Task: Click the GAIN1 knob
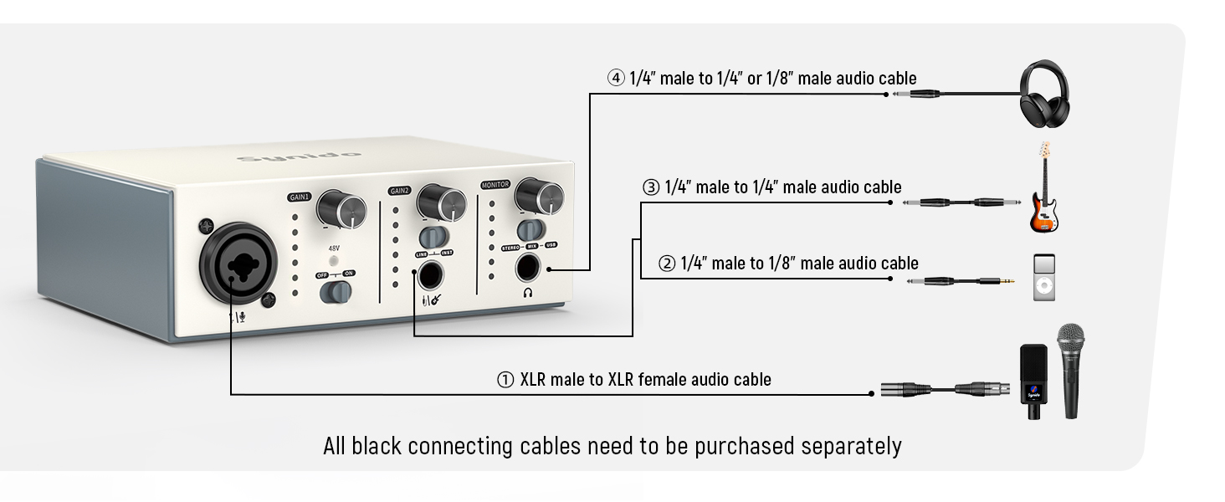[x=341, y=207]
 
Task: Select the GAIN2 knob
[x=441, y=202]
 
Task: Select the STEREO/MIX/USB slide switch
[x=529, y=229]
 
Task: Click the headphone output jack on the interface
[x=530, y=268]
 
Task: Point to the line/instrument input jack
[x=432, y=275]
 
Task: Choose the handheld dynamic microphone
[x=1070, y=368]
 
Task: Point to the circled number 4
[x=616, y=79]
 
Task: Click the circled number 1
[x=505, y=380]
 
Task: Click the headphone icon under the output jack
[x=528, y=293]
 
